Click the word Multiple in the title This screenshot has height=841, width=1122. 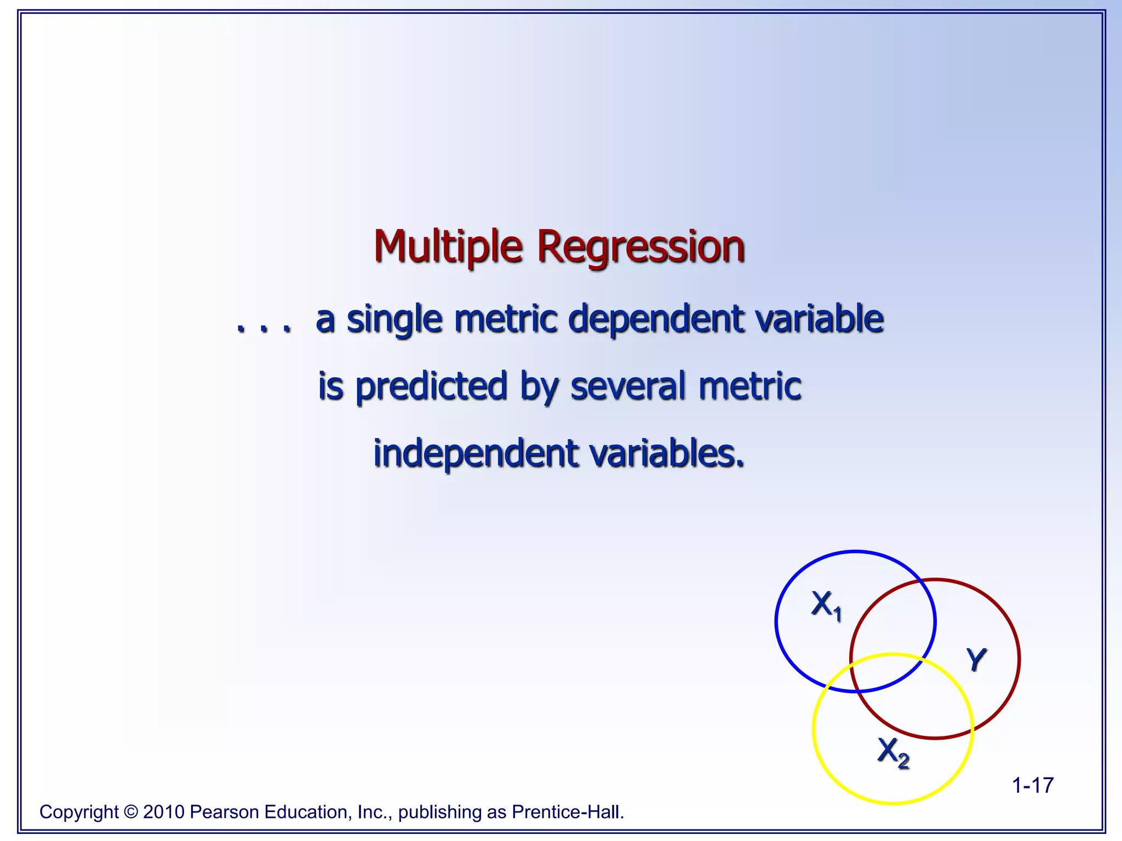click(448, 247)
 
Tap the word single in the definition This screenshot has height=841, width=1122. click(394, 319)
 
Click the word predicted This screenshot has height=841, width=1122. click(431, 386)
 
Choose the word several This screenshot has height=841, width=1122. click(628, 386)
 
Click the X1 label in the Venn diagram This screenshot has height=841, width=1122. click(826, 606)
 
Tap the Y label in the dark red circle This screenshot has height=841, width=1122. click(976, 659)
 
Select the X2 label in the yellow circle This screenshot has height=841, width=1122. click(893, 752)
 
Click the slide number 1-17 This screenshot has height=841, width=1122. click(1032, 785)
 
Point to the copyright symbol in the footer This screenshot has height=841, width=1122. click(131, 812)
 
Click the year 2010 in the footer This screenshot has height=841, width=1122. click(163, 812)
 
